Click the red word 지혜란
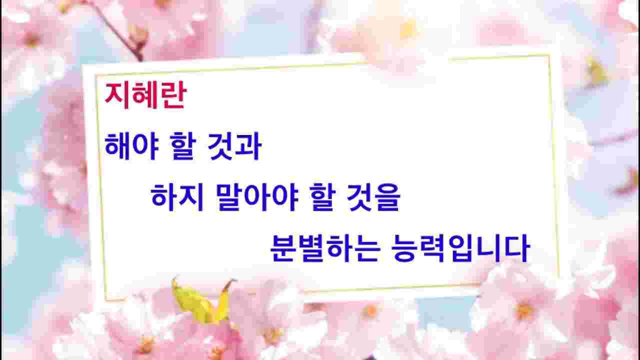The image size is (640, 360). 145,95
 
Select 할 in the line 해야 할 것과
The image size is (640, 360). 183,146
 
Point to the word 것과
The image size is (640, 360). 234,146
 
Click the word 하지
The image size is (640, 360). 177,197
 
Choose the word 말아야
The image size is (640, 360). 257,197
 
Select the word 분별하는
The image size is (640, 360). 325,248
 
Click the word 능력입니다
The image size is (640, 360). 460,248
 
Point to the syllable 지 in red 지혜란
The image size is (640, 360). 117,95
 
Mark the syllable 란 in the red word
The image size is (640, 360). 173,95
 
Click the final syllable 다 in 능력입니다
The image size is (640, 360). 517,248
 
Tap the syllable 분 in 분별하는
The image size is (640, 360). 283,248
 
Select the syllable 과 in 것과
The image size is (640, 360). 248,146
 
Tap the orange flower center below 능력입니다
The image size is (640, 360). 524,310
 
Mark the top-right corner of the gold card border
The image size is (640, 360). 549,55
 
